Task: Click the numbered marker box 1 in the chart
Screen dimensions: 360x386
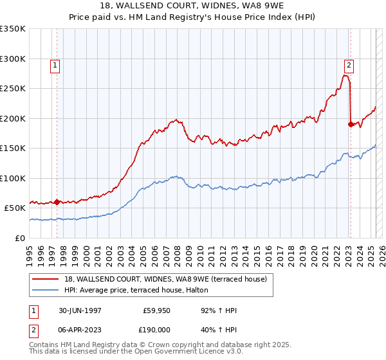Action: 55,65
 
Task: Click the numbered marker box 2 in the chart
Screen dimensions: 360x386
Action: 348,65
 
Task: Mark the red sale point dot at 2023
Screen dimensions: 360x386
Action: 351,125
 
